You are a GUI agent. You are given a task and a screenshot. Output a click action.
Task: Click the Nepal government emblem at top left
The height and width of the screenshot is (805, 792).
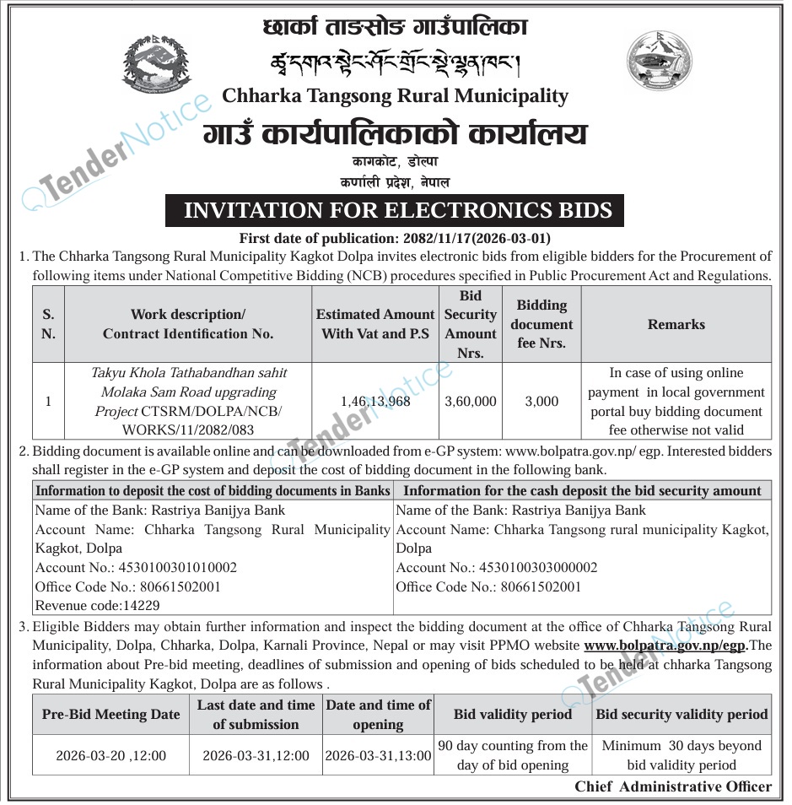pos(157,64)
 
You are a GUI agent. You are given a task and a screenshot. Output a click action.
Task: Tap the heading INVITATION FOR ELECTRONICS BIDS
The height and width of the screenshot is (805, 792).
pos(394,210)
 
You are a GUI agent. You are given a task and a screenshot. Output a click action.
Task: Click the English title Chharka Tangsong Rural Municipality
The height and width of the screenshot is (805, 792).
pos(395,95)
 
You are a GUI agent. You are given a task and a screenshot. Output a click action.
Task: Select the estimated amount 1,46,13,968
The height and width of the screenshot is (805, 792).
pos(375,402)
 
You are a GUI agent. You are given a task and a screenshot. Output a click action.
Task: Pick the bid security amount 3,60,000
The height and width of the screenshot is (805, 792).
pos(470,402)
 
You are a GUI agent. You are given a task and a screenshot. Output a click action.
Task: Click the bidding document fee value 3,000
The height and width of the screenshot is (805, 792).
pos(541,402)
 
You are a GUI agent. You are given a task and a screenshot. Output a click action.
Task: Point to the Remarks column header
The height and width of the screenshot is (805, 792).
pos(676,324)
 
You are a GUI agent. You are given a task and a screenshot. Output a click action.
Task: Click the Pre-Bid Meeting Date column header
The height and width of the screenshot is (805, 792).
pos(110,714)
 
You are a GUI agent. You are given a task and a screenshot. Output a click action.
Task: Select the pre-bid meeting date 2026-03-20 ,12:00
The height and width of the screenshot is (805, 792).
pos(110,756)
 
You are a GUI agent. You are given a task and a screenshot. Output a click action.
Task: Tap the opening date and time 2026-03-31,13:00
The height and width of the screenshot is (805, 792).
pos(378,756)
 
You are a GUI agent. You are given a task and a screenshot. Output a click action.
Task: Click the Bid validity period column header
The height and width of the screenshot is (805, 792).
pos(512,714)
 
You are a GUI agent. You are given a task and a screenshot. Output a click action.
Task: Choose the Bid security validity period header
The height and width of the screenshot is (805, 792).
pos(682,714)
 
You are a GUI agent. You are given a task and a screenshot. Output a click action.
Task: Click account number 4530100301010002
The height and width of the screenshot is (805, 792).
pos(136,568)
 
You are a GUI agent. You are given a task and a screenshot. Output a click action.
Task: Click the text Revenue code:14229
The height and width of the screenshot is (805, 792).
pos(97,605)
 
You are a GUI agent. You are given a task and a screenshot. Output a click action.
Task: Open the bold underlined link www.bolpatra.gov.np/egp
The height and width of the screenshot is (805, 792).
pos(665,646)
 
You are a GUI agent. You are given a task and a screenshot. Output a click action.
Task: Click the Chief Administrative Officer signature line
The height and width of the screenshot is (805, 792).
pos(673,786)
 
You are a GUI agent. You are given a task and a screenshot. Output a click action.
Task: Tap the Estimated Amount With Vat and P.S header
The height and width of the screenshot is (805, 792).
pos(375,324)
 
